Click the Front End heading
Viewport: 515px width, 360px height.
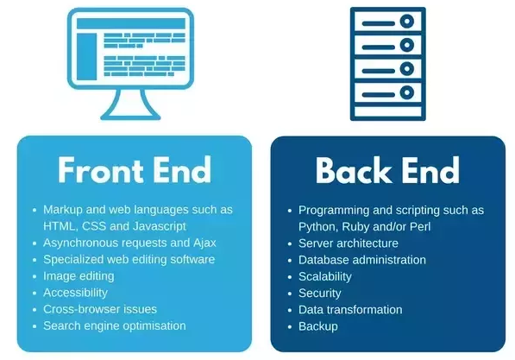tap(135, 170)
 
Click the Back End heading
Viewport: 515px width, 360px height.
tap(387, 170)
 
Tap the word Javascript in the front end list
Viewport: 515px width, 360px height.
tap(160, 226)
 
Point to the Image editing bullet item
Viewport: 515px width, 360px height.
tap(79, 276)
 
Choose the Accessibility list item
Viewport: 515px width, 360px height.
tap(76, 293)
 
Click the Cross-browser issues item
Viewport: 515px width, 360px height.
tap(100, 309)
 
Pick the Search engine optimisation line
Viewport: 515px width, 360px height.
tap(115, 325)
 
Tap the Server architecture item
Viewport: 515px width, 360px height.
tap(349, 243)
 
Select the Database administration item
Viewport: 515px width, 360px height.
tap(362, 260)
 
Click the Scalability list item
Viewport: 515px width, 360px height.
tap(325, 276)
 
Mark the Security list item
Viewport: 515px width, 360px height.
tap(319, 294)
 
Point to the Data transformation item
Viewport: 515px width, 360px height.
tap(350, 310)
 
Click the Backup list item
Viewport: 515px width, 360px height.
tap(318, 326)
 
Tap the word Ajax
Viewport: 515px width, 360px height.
tap(204, 243)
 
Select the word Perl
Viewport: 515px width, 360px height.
tap(420, 227)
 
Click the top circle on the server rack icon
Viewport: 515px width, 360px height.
tap(407, 22)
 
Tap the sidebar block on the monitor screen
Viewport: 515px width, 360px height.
tap(87, 57)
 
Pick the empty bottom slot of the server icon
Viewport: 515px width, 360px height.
tap(388, 111)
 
